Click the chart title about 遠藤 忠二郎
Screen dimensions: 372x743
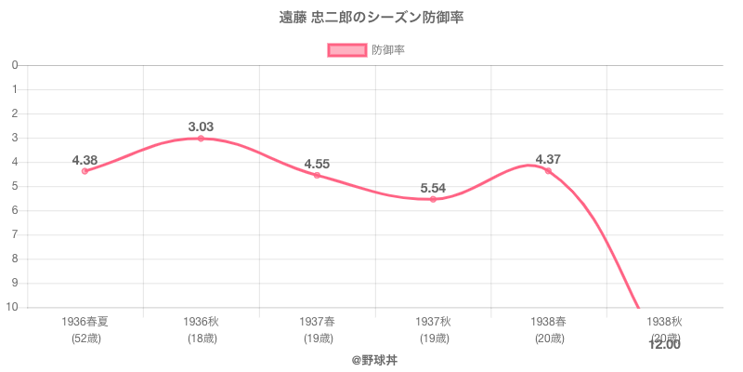click(x=371, y=19)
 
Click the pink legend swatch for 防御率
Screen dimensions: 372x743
click(x=346, y=50)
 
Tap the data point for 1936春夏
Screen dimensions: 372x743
click(x=85, y=171)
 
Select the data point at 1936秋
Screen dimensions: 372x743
click(x=201, y=139)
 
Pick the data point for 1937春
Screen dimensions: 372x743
click(x=317, y=175)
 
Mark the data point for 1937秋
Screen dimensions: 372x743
click(x=433, y=199)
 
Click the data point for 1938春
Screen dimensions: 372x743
click(x=548, y=171)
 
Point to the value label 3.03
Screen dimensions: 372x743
click(x=201, y=126)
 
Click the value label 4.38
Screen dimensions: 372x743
click(x=85, y=159)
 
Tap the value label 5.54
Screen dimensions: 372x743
click(x=433, y=188)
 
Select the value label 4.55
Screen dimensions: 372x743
click(x=317, y=164)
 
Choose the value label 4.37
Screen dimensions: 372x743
click(x=548, y=159)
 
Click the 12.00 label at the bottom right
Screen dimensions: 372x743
click(x=664, y=345)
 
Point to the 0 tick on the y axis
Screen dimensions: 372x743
click(x=15, y=65)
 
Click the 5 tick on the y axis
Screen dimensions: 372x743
click(x=15, y=186)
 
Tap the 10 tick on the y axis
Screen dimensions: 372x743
click(x=13, y=307)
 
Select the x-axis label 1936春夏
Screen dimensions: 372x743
click(x=85, y=322)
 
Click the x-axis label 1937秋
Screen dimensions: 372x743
click(x=433, y=322)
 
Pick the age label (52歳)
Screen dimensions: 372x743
click(x=85, y=338)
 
